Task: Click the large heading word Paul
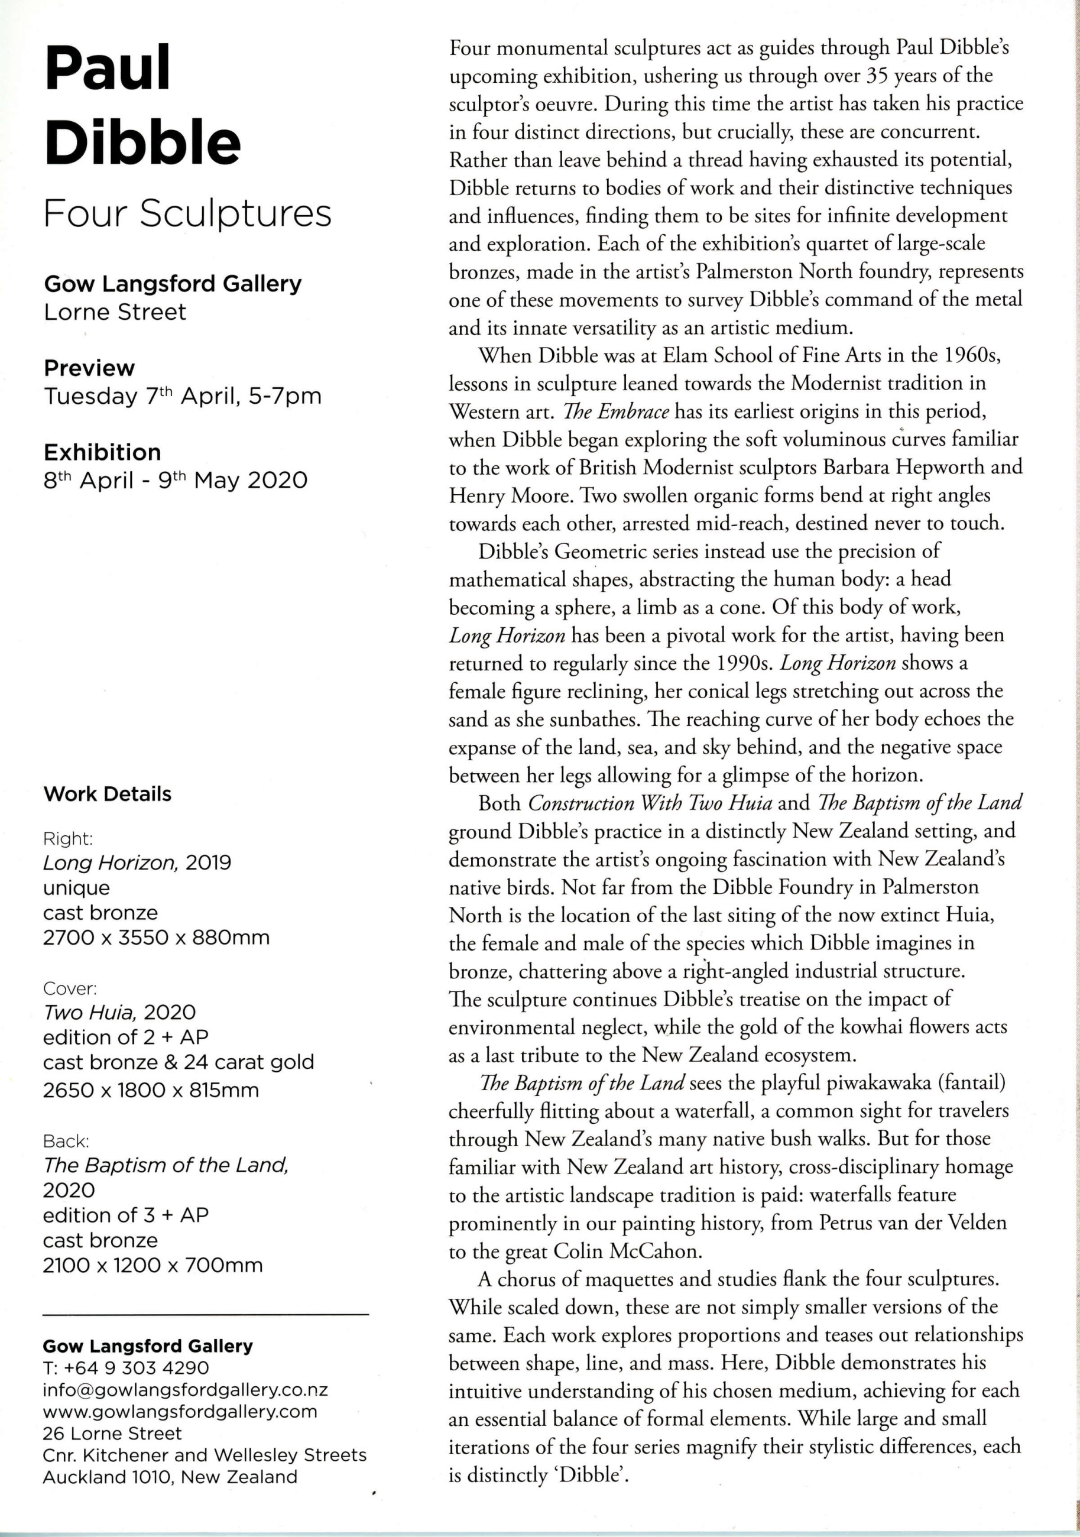(108, 69)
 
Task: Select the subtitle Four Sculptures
(187, 214)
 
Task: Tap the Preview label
(89, 368)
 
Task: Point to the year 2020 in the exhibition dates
(277, 481)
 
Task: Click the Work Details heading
(107, 794)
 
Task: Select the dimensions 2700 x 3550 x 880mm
(156, 937)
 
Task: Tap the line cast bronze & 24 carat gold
(178, 1062)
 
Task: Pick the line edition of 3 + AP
(126, 1215)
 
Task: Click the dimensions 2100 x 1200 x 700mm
(153, 1265)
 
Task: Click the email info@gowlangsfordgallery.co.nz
(185, 1390)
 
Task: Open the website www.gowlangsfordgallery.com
(180, 1412)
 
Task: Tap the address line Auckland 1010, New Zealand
(170, 1477)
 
